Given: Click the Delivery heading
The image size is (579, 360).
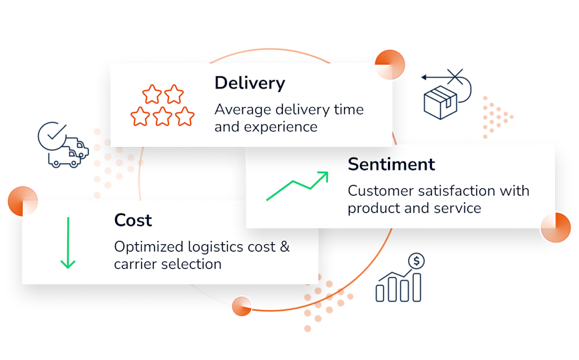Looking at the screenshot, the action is click(x=250, y=83).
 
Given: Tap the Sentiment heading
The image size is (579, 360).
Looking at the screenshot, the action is click(x=391, y=164).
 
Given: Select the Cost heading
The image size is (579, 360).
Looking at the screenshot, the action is click(x=133, y=220).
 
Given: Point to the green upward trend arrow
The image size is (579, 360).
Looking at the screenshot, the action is click(x=297, y=186).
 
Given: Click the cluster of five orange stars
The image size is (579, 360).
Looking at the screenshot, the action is click(x=162, y=106).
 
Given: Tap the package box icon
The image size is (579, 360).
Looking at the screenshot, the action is click(x=440, y=102).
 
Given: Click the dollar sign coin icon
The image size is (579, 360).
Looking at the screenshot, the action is click(x=417, y=262).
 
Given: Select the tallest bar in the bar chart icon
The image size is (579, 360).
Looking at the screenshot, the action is click(x=417, y=287).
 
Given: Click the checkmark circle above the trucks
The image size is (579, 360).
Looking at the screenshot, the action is click(x=53, y=136).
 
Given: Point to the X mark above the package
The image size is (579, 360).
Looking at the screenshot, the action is click(x=455, y=77).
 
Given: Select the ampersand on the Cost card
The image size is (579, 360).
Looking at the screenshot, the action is click(x=285, y=247).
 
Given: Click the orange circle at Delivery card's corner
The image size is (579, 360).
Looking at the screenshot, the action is click(x=390, y=65).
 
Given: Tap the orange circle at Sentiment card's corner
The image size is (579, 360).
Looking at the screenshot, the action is click(x=556, y=228).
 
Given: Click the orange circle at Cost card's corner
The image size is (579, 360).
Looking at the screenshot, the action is click(x=23, y=201).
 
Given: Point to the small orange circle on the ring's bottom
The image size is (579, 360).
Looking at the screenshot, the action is click(x=242, y=306).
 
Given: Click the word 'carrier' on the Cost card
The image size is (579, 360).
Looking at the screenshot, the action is click(x=136, y=264).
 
